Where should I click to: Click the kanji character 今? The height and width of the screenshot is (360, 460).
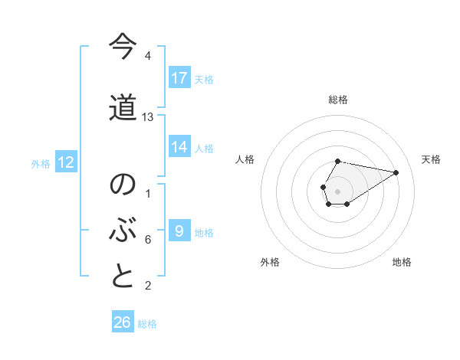pos(123,47)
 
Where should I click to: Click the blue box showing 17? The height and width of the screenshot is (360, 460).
pos(179,78)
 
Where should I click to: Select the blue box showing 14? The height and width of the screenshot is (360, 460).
pos(179,148)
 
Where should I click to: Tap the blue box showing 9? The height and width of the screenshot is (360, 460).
pos(179,231)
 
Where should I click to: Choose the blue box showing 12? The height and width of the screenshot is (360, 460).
pos(65,162)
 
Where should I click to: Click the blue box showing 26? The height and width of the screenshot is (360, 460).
pos(123,322)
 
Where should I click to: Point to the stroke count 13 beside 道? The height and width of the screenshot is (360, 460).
pos(148,117)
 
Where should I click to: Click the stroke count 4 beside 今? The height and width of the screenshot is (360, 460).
pos(148,57)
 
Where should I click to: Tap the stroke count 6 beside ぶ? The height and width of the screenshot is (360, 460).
pos(148,240)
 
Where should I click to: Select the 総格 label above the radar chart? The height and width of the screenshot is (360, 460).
pos(337,100)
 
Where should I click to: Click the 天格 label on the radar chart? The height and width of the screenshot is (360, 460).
pos(431,159)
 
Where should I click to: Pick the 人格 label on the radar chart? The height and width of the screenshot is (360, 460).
pos(245,159)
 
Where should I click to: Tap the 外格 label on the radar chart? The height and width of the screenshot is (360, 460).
pos(270,262)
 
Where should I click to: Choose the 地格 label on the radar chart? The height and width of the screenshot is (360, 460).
pos(402,262)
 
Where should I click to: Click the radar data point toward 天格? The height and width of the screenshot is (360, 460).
pos(396,172)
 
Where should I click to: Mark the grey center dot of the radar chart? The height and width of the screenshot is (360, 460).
pos(337,191)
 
